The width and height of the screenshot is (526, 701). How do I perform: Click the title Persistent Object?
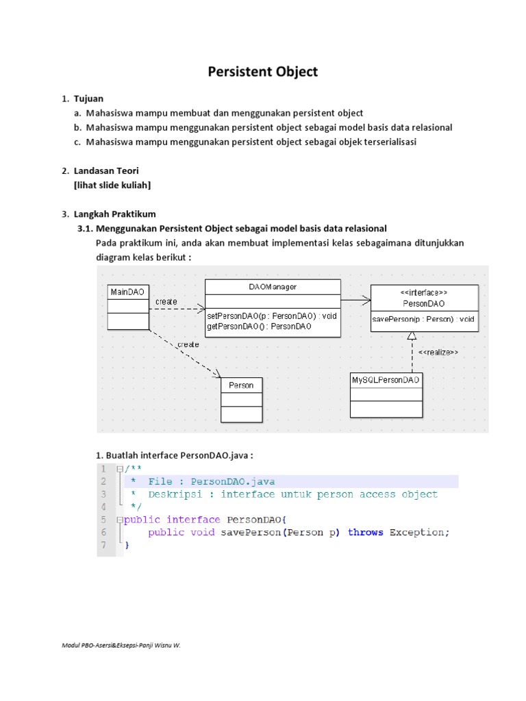[263, 71]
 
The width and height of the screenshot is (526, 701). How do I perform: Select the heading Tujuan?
[88, 99]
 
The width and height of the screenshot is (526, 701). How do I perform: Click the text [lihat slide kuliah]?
[112, 185]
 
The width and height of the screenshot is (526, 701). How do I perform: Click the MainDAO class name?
[128, 292]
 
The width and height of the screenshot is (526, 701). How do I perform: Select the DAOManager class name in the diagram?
[272, 287]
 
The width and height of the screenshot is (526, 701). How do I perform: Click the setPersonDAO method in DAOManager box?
[271, 316]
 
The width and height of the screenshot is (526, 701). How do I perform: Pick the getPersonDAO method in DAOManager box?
[259, 327]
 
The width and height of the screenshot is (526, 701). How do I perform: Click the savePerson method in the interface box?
[423, 319]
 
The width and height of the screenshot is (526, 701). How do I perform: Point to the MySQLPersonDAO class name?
[386, 379]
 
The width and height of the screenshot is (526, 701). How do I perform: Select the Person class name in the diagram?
[241, 385]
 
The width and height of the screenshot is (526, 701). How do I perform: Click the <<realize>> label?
[438, 353]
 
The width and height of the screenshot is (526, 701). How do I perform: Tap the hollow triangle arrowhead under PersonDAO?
[411, 336]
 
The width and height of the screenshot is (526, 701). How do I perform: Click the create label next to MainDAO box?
[166, 301]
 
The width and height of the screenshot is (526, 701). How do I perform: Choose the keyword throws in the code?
[366, 532]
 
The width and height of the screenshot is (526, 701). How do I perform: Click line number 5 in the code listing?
[103, 519]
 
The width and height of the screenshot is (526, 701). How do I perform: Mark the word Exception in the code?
[419, 532]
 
